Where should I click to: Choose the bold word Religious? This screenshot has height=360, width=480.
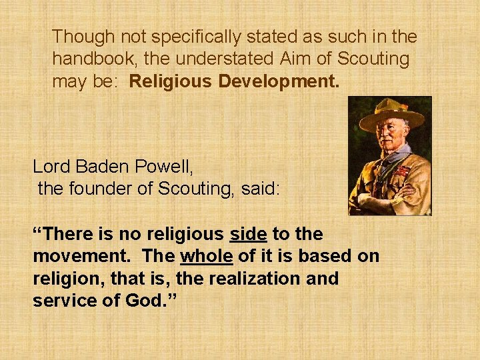pos(171,81)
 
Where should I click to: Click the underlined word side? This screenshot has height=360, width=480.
pos(249,234)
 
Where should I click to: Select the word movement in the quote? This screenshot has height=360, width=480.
pos(75,256)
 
